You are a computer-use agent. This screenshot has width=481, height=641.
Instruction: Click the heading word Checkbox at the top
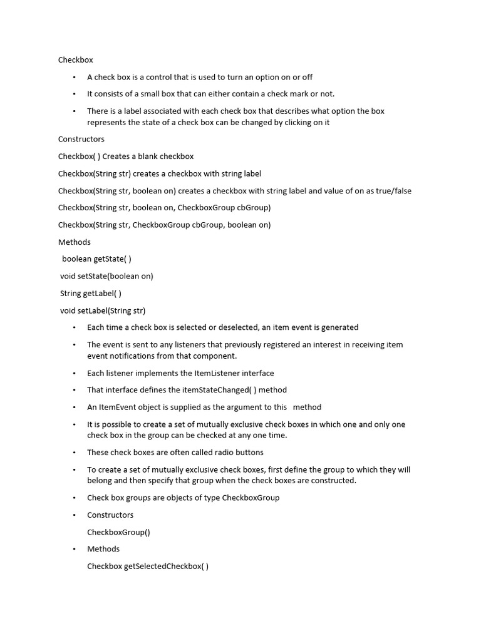(x=75, y=60)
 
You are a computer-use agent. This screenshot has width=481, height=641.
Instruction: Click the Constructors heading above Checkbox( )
(x=81, y=139)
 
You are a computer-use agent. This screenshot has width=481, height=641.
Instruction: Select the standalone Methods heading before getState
(x=74, y=242)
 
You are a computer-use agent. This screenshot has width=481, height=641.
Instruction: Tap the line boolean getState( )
(x=96, y=259)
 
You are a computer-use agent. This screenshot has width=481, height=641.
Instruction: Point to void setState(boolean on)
(x=106, y=276)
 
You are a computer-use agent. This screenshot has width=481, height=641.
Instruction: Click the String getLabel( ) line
(x=91, y=293)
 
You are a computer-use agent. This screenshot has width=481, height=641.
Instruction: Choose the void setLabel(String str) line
(x=103, y=310)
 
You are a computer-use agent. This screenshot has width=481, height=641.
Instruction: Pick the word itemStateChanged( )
(x=210, y=390)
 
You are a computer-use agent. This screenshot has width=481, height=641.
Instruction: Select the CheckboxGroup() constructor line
(x=118, y=533)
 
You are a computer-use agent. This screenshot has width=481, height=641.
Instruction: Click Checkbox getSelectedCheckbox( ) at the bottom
(x=148, y=567)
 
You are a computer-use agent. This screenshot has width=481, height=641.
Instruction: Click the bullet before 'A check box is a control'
(x=74, y=77)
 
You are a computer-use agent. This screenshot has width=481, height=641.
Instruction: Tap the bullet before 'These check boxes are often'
(x=74, y=453)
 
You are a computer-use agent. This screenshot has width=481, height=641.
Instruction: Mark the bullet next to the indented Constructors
(x=74, y=515)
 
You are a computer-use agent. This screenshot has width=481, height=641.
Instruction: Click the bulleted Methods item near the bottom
(x=103, y=549)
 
